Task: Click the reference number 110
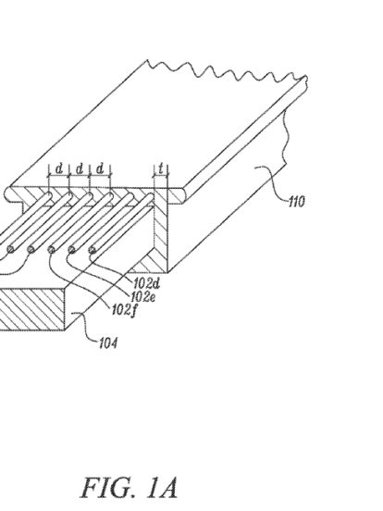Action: (x=297, y=202)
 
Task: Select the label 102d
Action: (x=146, y=284)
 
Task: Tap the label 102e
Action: (x=142, y=296)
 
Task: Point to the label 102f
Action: (x=124, y=310)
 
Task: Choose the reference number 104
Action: (x=108, y=343)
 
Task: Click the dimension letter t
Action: (x=161, y=169)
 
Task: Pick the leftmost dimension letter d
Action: (x=59, y=168)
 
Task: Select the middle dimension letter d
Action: (x=80, y=168)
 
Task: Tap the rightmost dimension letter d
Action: (x=100, y=168)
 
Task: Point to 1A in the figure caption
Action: (x=162, y=488)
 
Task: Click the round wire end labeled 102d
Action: (x=93, y=250)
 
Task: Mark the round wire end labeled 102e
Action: (x=71, y=250)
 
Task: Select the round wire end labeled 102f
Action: (x=51, y=250)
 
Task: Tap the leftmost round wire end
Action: (x=10, y=250)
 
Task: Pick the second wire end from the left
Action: (x=31, y=250)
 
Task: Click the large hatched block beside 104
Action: (x=31, y=309)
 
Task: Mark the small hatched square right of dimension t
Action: (x=177, y=196)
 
